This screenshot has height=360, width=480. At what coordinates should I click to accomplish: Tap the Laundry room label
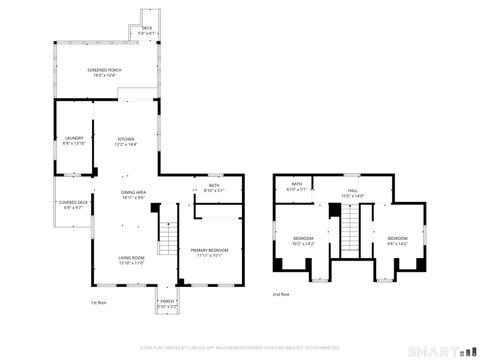75,141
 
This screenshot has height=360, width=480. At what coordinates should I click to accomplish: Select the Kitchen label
126,141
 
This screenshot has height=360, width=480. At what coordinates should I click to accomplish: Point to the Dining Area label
134,195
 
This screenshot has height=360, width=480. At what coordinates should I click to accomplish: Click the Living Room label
133,260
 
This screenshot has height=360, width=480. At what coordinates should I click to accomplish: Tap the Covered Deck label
74,205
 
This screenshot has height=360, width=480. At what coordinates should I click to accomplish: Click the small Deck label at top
146,30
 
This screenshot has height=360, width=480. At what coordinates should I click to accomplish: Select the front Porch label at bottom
167,303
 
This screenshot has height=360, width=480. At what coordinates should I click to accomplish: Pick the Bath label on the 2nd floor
297,186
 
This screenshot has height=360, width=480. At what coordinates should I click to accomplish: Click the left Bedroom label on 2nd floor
302,240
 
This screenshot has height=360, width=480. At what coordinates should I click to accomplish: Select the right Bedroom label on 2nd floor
397,240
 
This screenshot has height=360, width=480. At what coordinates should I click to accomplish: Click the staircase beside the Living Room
172,239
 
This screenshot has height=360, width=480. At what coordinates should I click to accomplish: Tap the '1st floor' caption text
98,302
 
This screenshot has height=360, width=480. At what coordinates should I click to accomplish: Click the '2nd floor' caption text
281,295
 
